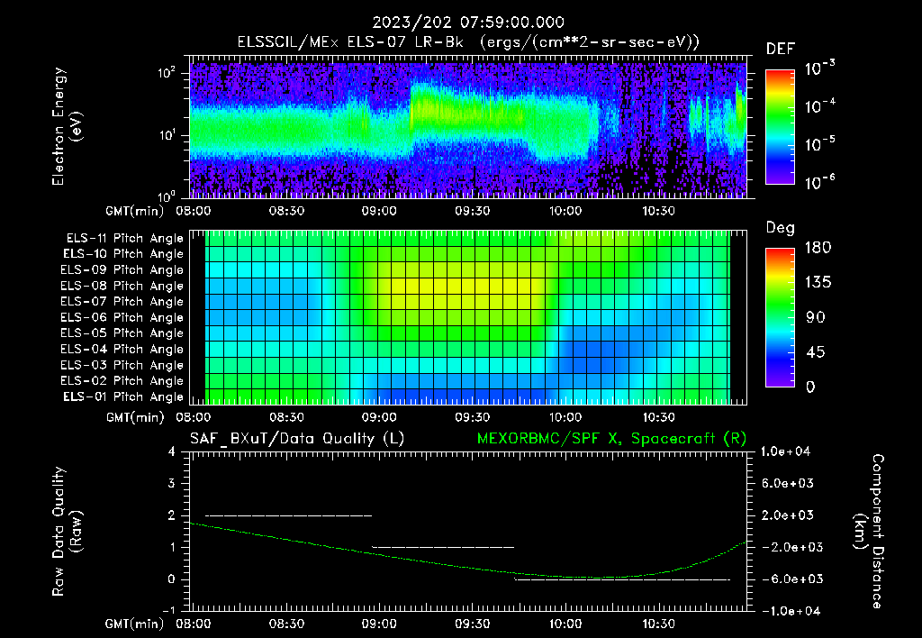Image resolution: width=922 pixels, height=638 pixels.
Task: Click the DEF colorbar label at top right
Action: pos(780,49)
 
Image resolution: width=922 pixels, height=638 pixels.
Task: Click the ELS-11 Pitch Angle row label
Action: pos(122,238)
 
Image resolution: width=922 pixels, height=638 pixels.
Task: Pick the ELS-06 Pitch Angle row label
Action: pos(122,317)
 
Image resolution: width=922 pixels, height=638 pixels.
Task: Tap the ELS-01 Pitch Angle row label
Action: pos(122,396)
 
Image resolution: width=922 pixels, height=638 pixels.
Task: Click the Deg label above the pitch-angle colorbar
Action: pos(780,228)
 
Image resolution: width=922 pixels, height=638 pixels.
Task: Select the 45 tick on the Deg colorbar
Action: pos(811,352)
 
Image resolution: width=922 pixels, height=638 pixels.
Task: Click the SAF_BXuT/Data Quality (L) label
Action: pos(296,438)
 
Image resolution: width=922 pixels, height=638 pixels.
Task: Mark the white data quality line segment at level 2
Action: pos(288,515)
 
